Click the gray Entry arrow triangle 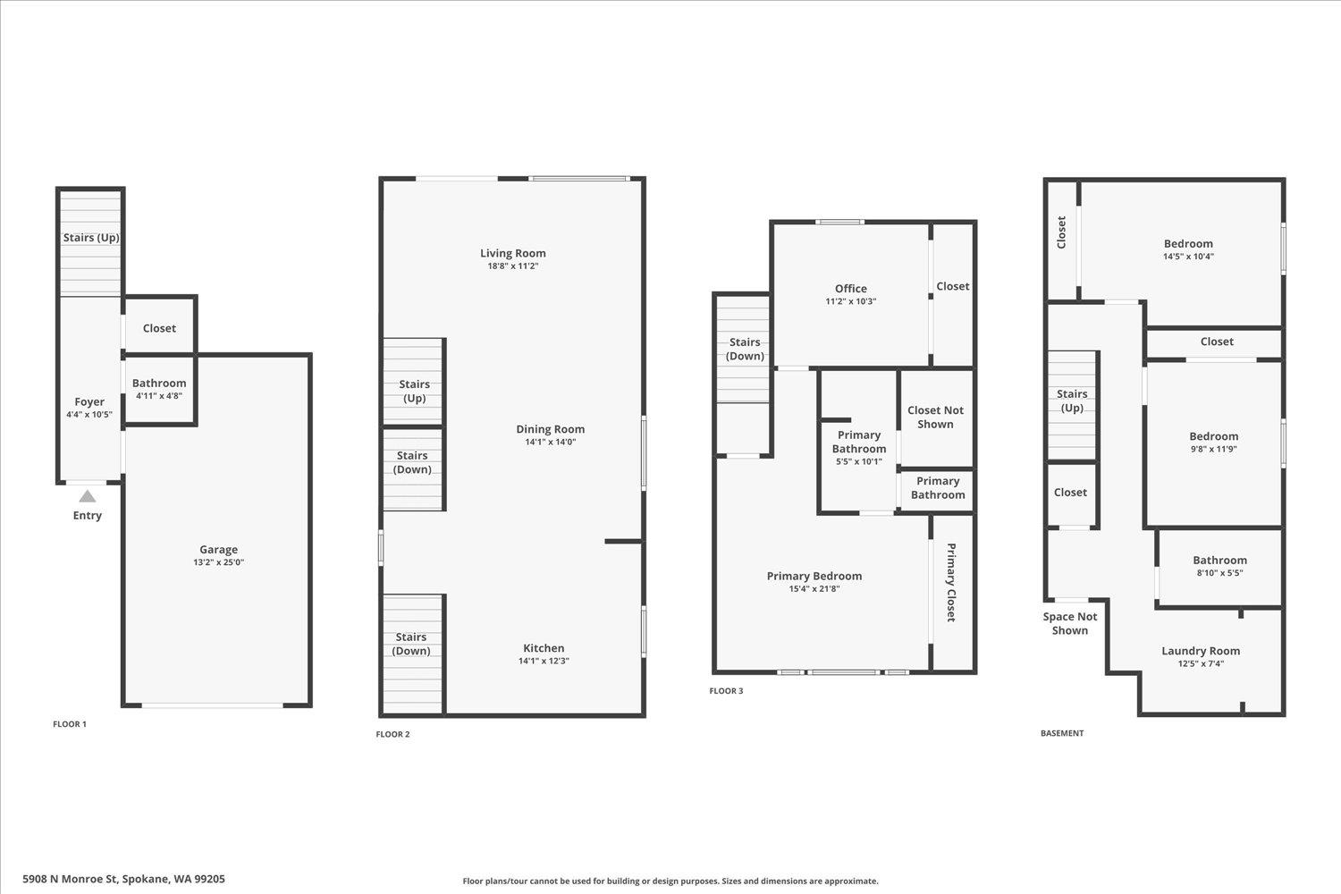tap(87, 496)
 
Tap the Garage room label tap(218, 550)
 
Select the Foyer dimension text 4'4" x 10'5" tap(89, 415)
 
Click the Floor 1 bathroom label tap(159, 384)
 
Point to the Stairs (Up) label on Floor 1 tap(91, 238)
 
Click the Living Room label tap(512, 253)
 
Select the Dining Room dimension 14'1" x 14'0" tap(550, 442)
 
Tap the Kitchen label tap(544, 648)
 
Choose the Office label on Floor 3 tap(850, 289)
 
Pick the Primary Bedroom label tap(814, 576)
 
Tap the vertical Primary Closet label tap(951, 582)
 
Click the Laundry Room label tap(1200, 651)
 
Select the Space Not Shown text tap(1069, 623)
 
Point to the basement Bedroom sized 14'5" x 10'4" tap(1188, 244)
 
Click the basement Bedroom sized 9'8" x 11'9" tap(1213, 437)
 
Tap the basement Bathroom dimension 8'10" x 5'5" tap(1219, 573)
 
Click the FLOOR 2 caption tap(392, 735)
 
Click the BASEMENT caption tap(1062, 733)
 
